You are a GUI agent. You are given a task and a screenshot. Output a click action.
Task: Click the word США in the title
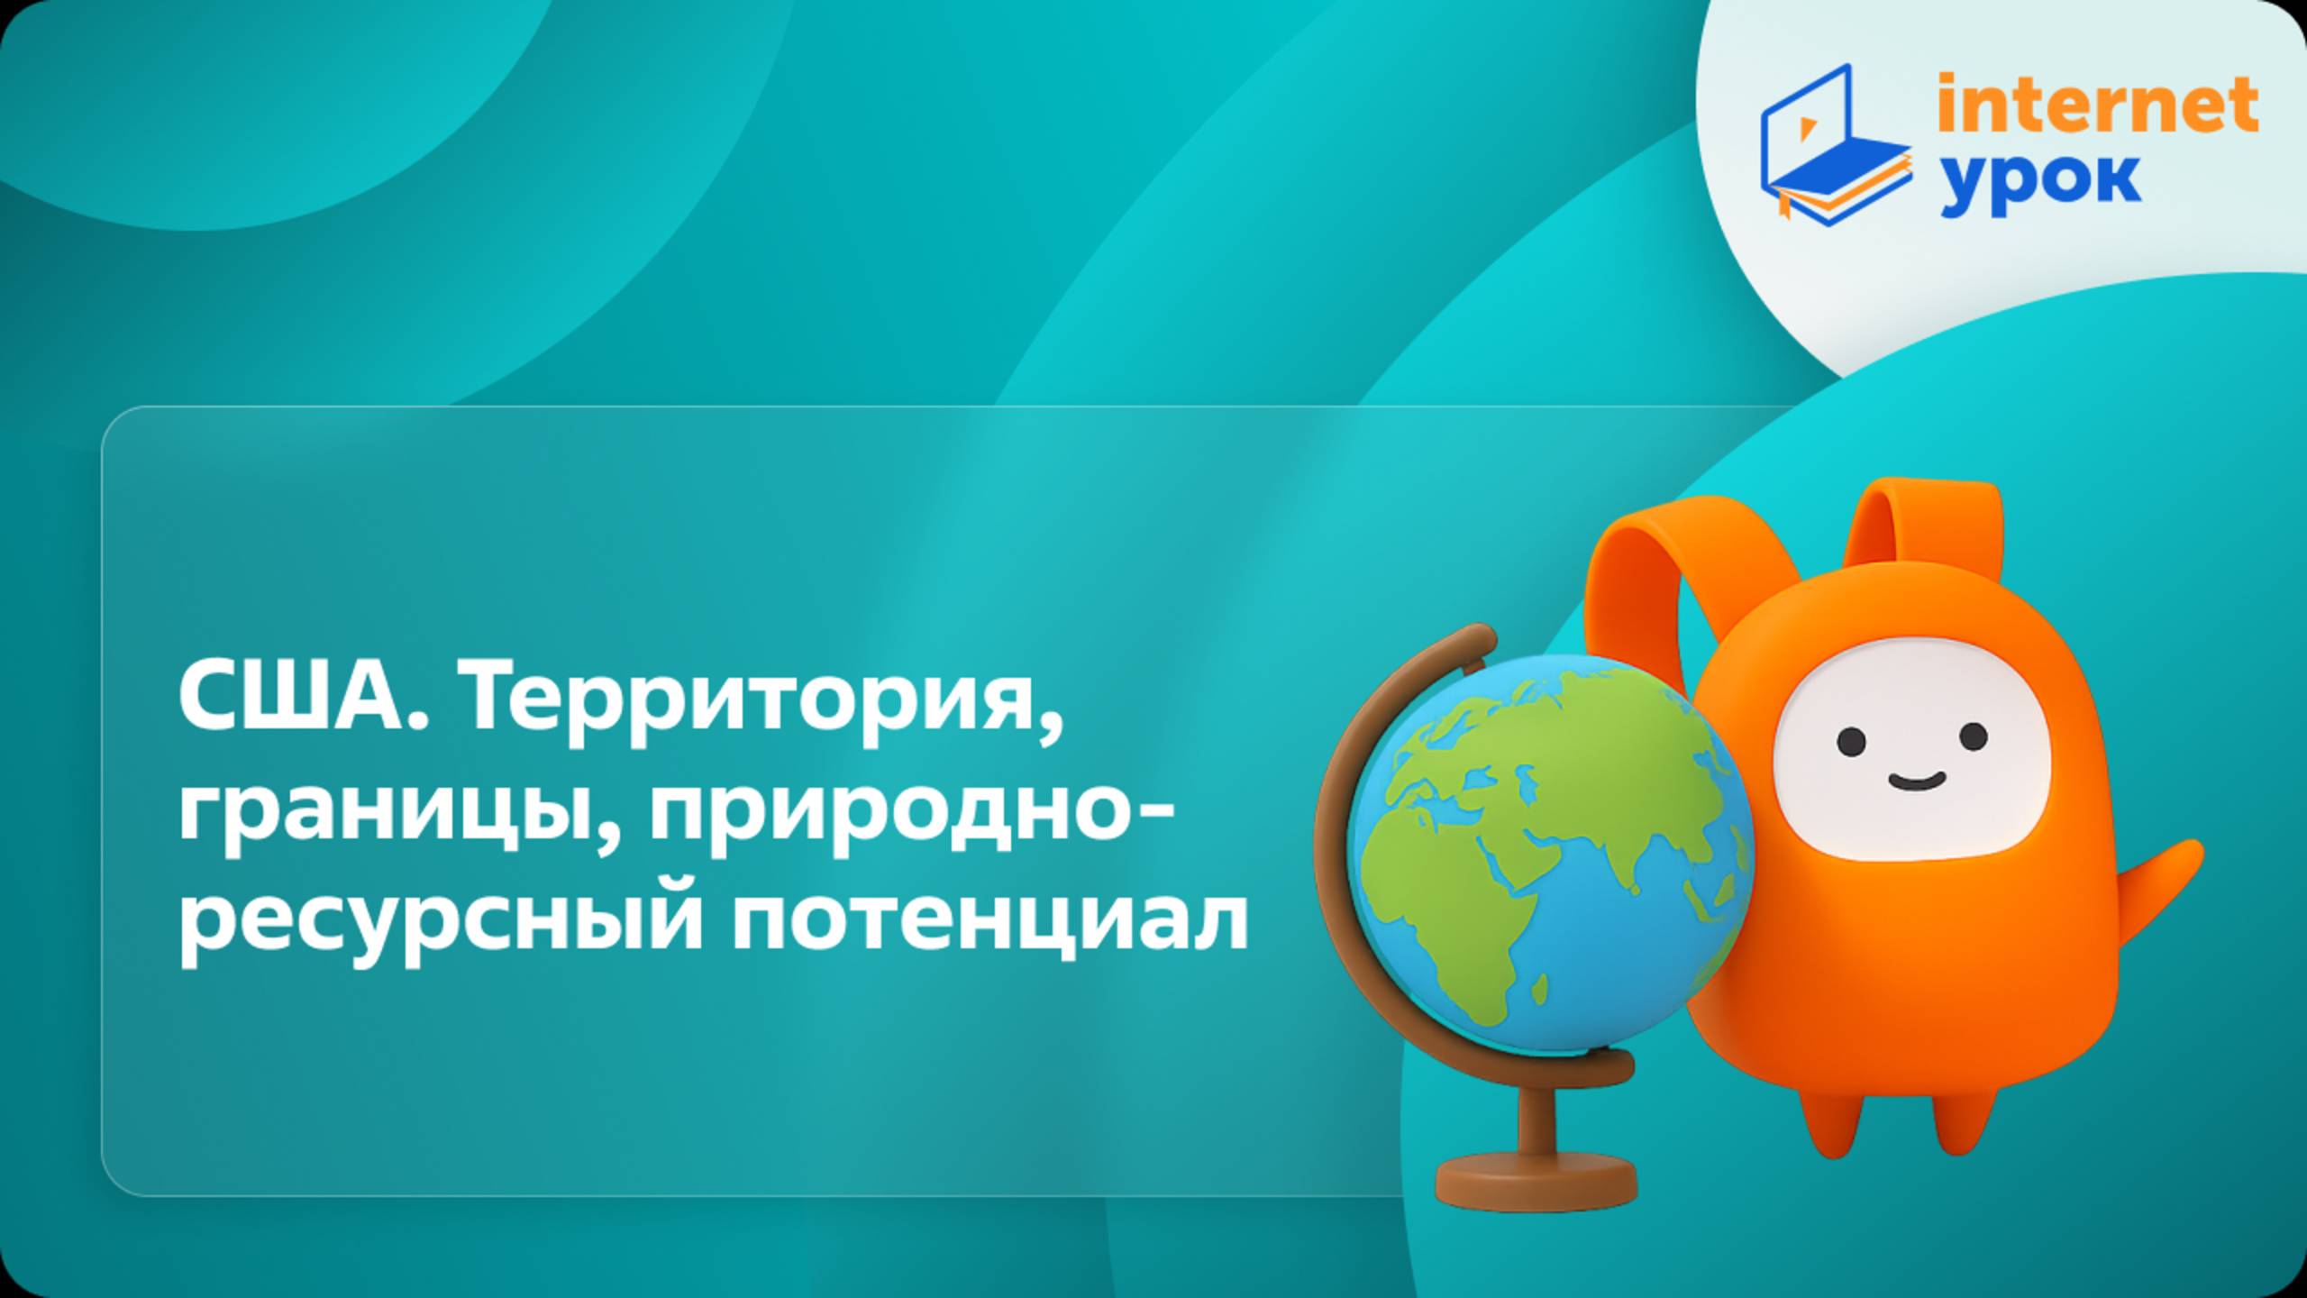pyautogui.click(x=302, y=699)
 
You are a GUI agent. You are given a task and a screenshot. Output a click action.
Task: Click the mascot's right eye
pyautogui.click(x=1973, y=736)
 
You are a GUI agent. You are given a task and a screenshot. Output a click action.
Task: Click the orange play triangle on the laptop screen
pyautogui.click(x=1806, y=129)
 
